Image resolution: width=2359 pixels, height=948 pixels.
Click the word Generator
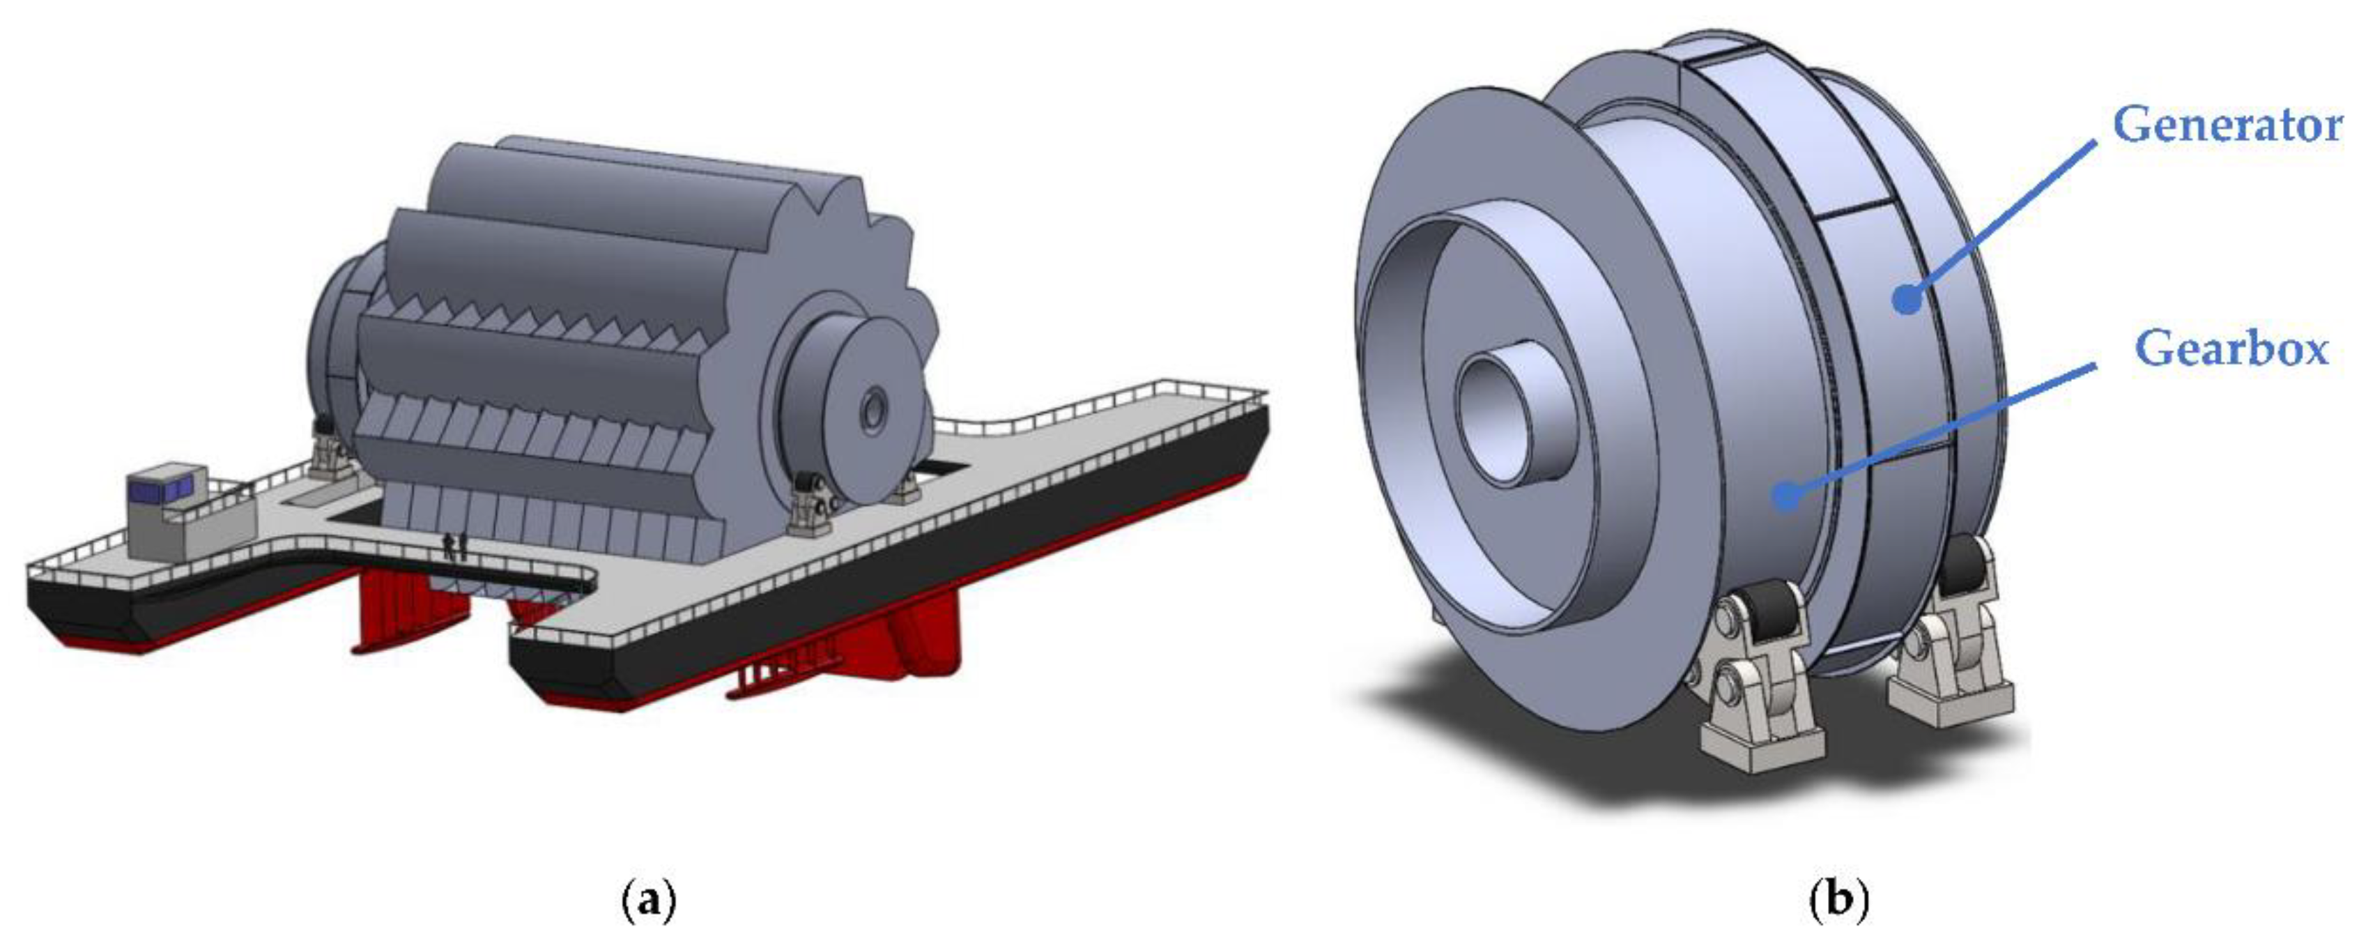pos(2226,125)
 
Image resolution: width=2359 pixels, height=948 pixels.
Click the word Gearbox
pos(2231,349)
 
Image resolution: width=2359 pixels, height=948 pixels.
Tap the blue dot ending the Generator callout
pos(1907,298)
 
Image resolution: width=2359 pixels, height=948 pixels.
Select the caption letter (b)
pos(1840,901)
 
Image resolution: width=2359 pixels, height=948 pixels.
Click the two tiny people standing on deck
pos(455,546)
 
